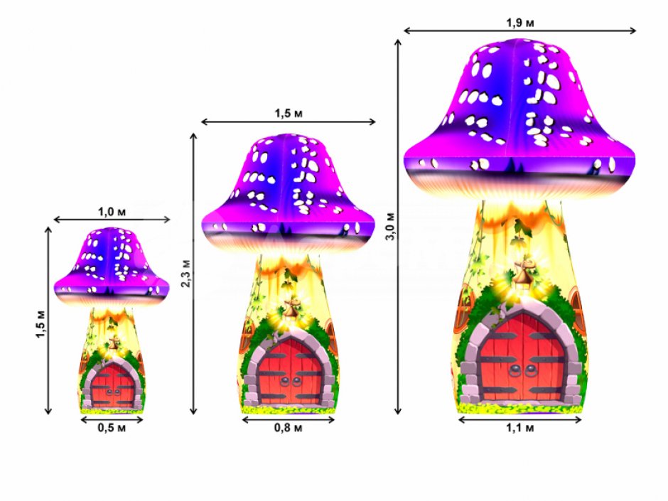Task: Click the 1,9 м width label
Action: [519, 22]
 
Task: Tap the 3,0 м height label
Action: [391, 226]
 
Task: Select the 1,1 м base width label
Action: [519, 428]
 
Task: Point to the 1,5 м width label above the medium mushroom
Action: [289, 113]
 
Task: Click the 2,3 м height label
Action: [186, 273]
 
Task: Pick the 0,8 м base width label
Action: [289, 428]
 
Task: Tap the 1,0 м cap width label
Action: [112, 211]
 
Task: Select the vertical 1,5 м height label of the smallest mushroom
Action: [41, 324]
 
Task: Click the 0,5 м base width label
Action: [112, 428]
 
